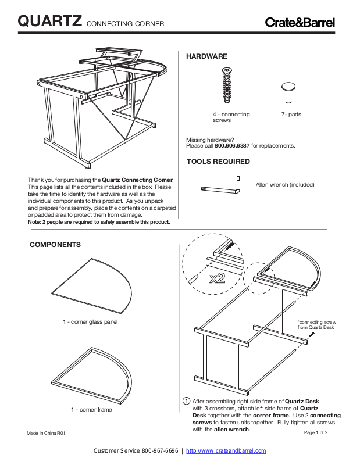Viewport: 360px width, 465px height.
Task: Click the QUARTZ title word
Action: pyautogui.click(x=50, y=22)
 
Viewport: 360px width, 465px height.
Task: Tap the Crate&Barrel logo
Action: pyautogui.click(x=300, y=23)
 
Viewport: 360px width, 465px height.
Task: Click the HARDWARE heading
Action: pyautogui.click(x=206, y=56)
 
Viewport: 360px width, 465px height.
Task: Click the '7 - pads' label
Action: pyautogui.click(x=291, y=115)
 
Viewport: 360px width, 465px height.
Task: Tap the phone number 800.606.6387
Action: pyautogui.click(x=233, y=146)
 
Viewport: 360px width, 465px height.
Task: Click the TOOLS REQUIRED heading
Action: pyautogui.click(x=218, y=162)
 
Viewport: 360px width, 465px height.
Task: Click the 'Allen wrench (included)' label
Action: pyautogui.click(x=285, y=185)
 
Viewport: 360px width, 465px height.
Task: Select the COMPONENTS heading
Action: pyautogui.click(x=55, y=245)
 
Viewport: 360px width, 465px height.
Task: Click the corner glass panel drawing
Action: pyautogui.click(x=92, y=285)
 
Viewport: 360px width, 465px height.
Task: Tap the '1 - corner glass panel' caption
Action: pyautogui.click(x=90, y=322)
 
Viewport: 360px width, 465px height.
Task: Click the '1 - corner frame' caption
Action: pyautogui.click(x=92, y=410)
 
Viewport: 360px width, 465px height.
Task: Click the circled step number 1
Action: pyautogui.click(x=186, y=401)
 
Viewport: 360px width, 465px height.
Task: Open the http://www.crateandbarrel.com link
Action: pyautogui.click(x=226, y=451)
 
